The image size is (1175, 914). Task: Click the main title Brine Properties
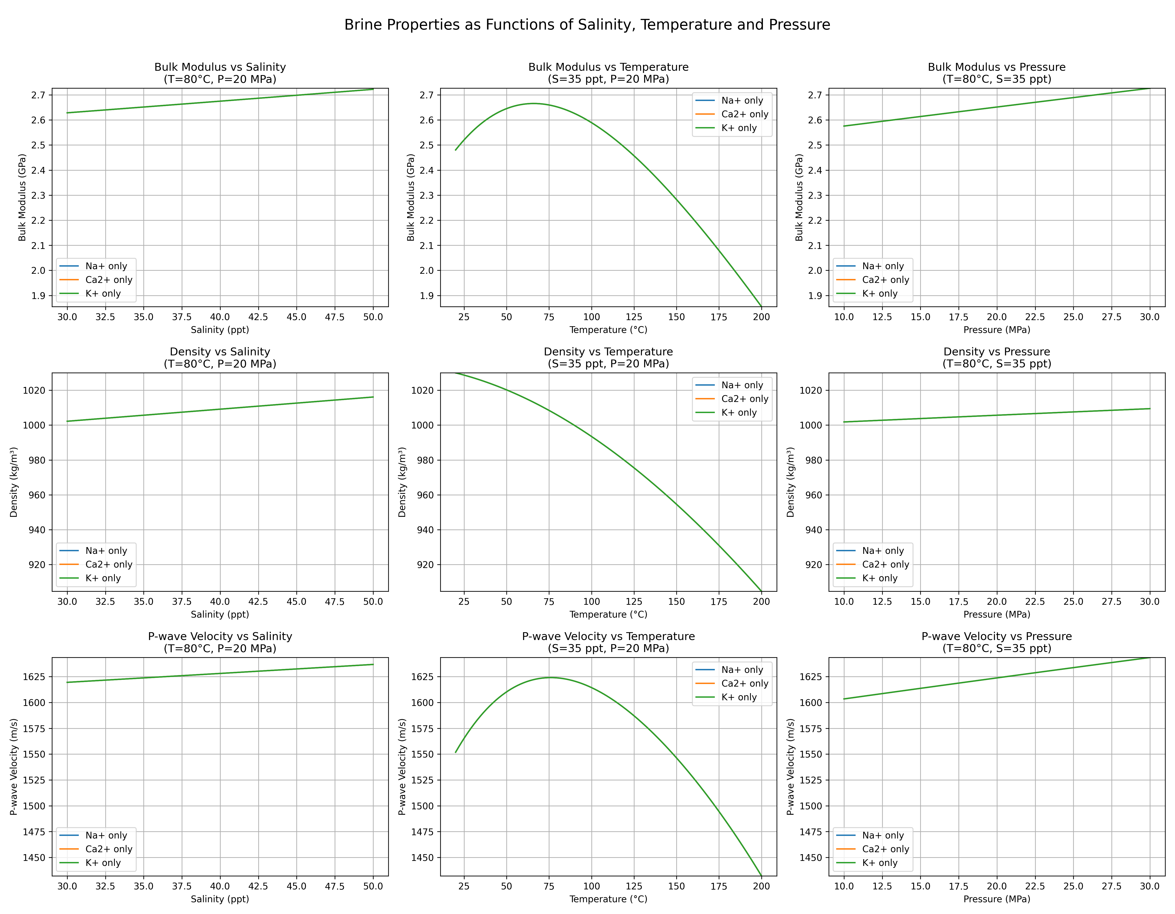click(x=587, y=25)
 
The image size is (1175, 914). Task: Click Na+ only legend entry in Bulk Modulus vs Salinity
click(x=106, y=266)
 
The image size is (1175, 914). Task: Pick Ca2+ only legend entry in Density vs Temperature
click(x=745, y=399)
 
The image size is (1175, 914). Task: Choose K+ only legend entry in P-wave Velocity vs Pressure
click(x=880, y=862)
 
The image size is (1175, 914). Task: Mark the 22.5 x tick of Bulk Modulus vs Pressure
click(x=1035, y=317)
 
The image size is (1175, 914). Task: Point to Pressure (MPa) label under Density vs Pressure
click(x=996, y=614)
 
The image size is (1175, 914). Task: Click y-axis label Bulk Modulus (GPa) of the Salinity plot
click(x=22, y=197)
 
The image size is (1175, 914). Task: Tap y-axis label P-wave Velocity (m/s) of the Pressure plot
click(x=790, y=767)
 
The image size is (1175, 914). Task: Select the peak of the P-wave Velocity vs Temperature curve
click(x=550, y=677)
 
